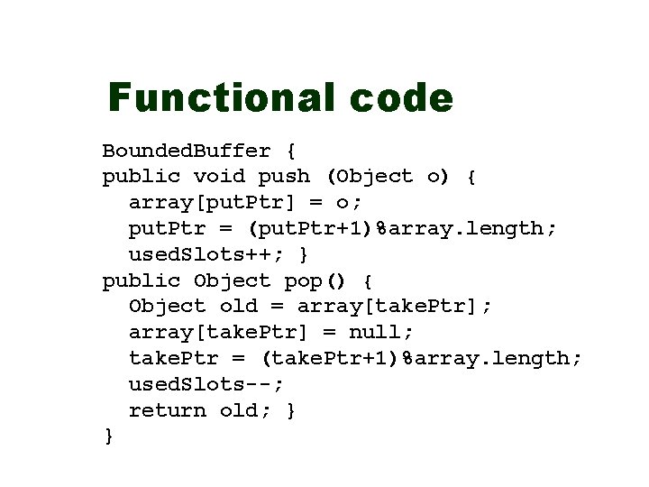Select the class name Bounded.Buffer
(187, 150)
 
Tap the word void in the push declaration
(219, 176)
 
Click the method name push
(284, 176)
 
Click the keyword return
(168, 410)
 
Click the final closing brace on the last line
(109, 436)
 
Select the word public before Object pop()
(141, 280)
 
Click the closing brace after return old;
(290, 410)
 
